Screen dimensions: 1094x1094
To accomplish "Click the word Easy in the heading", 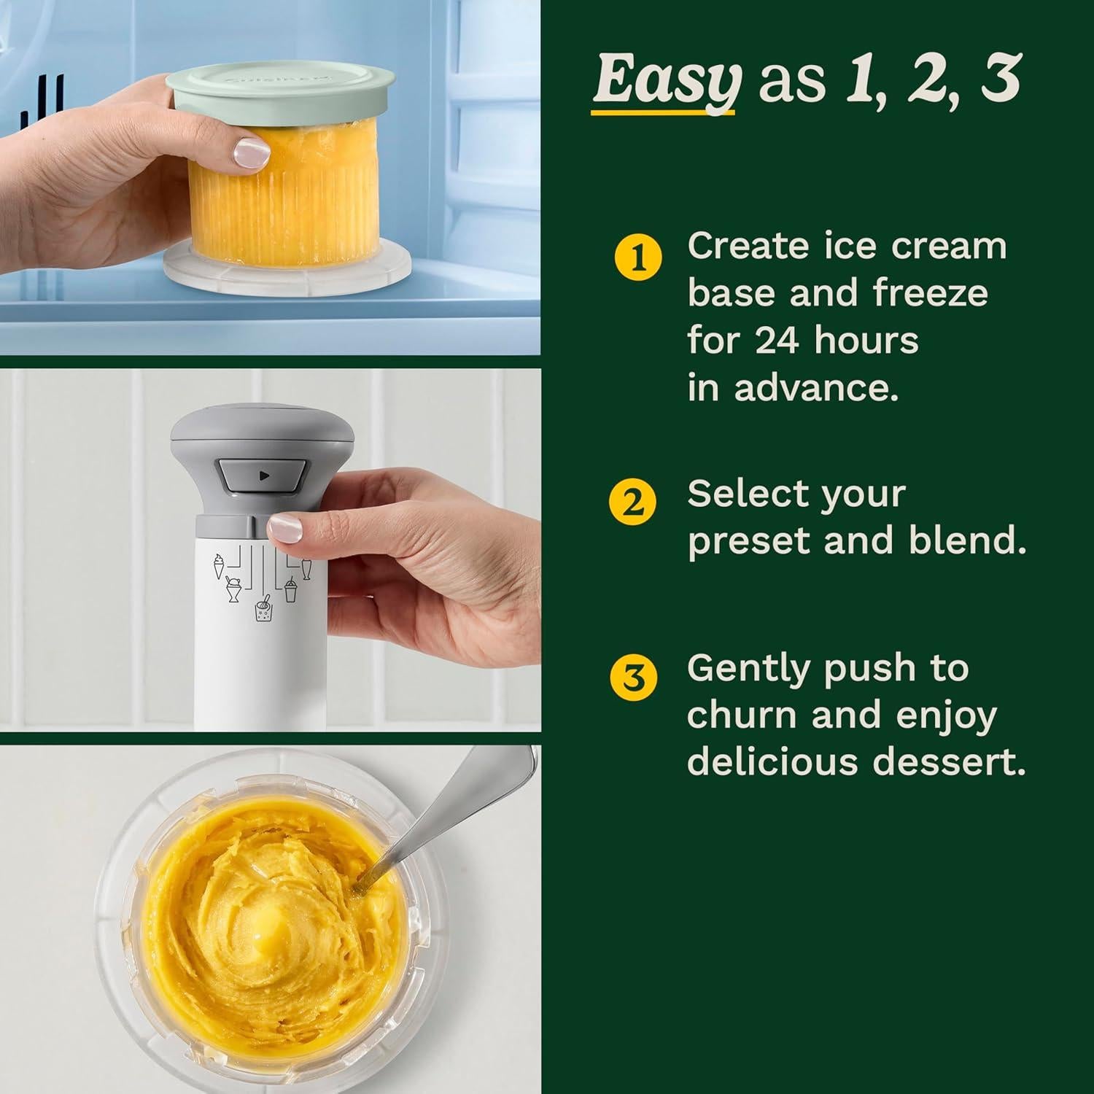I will (666, 82).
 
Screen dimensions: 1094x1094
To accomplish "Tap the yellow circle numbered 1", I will (639, 259).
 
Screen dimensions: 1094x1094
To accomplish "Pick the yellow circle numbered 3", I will (634, 678).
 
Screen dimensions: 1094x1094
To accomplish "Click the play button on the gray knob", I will (264, 476).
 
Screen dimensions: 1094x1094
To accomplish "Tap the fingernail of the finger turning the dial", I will (284, 526).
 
